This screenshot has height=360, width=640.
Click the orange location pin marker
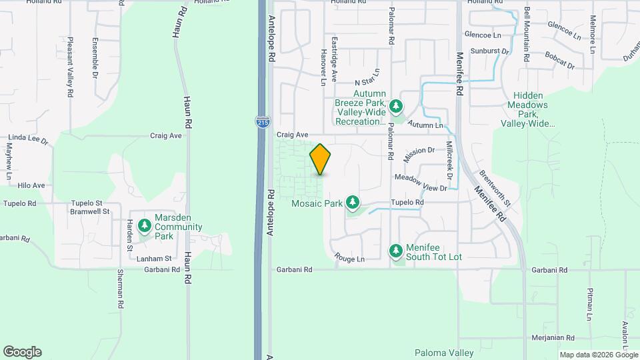tap(320, 159)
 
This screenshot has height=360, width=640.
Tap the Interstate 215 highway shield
tap(262, 122)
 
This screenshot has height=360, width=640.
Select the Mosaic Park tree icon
tap(353, 202)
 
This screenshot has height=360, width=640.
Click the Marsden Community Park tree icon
tap(144, 226)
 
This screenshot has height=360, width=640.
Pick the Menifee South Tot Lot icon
tap(395, 251)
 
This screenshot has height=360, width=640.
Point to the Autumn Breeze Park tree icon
tap(396, 105)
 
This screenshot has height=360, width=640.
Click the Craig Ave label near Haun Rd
tap(166, 135)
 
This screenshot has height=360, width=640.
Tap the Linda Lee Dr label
tap(27, 141)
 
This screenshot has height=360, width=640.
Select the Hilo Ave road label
tap(31, 185)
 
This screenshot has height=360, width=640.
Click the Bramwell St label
tap(89, 211)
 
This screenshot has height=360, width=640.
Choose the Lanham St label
tap(154, 258)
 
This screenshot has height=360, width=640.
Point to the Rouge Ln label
tap(349, 259)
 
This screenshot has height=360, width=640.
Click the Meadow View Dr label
tap(420, 178)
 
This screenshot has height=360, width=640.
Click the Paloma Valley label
tap(443, 353)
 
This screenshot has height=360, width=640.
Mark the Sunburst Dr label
tap(489, 51)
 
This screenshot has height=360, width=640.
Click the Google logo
tap(22, 352)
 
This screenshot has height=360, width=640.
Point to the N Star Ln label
tap(367, 76)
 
